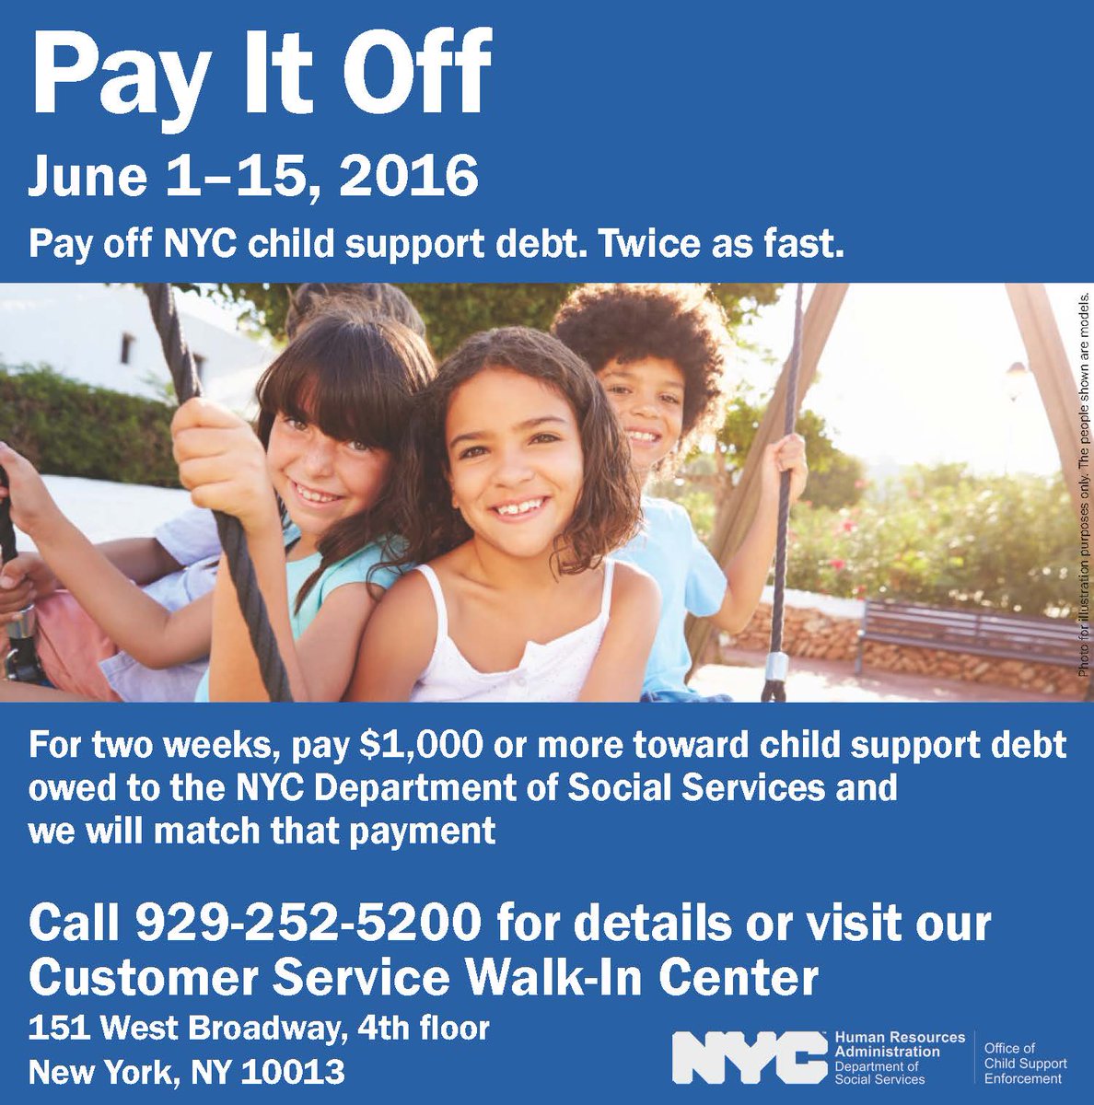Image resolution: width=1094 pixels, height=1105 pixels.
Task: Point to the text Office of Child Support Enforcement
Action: [1025, 1063]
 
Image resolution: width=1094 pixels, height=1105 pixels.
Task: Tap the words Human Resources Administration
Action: [899, 1044]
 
